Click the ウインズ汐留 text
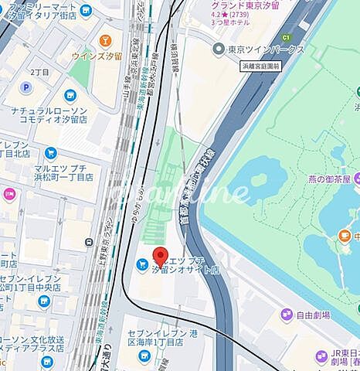pos(97,55)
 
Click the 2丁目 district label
pos(40,71)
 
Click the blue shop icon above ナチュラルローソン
pos(70,96)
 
